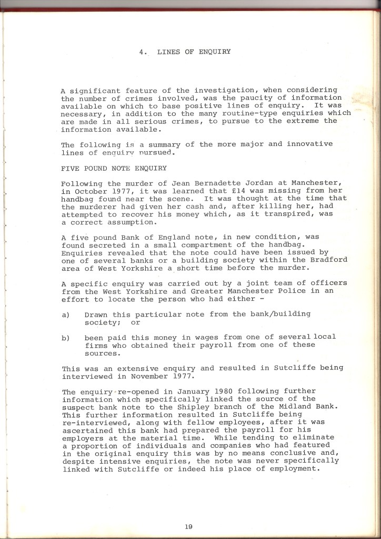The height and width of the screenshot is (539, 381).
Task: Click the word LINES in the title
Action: point(167,52)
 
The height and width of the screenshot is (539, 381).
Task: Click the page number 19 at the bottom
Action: point(188,525)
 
